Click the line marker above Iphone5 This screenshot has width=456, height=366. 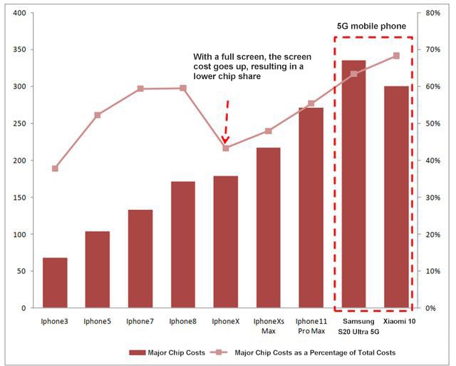(x=98, y=115)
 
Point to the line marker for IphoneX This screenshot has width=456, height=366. (x=226, y=148)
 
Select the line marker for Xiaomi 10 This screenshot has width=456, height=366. (x=396, y=56)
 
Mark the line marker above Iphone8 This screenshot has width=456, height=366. (x=183, y=88)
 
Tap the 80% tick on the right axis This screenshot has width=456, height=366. (x=432, y=13)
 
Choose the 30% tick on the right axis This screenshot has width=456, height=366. (x=432, y=198)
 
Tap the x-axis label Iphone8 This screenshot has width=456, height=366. (x=182, y=322)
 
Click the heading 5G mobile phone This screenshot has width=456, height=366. (x=371, y=26)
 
